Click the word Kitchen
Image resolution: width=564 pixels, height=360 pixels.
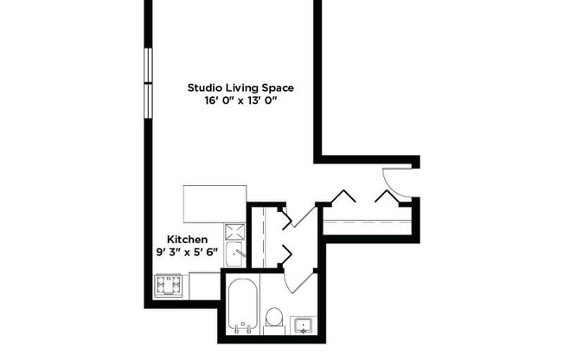(187, 240)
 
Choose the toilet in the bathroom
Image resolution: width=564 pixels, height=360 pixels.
(274, 319)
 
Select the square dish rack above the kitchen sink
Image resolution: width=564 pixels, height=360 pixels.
(235, 231)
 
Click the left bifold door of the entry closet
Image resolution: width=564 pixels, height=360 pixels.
(344, 196)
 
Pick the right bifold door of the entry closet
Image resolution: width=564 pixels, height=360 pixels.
(387, 196)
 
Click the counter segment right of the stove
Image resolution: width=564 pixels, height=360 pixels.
(204, 284)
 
